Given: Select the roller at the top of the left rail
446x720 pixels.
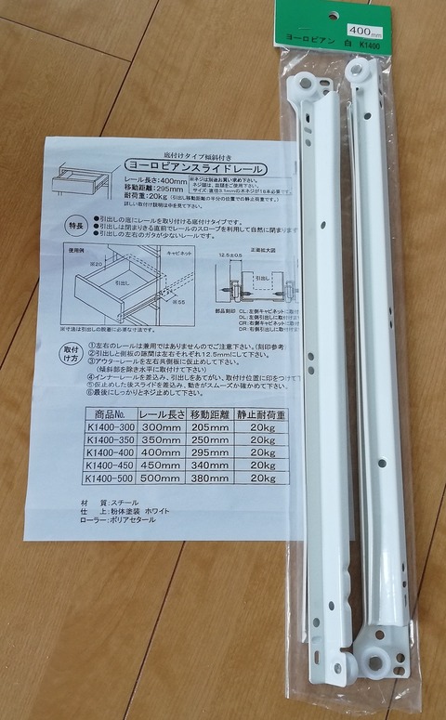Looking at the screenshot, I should [304, 84].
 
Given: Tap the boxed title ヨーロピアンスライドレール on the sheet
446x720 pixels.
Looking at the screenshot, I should [196, 168].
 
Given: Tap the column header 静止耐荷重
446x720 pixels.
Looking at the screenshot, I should [263, 412].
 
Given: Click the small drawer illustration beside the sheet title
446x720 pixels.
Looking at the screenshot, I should [76, 179].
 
